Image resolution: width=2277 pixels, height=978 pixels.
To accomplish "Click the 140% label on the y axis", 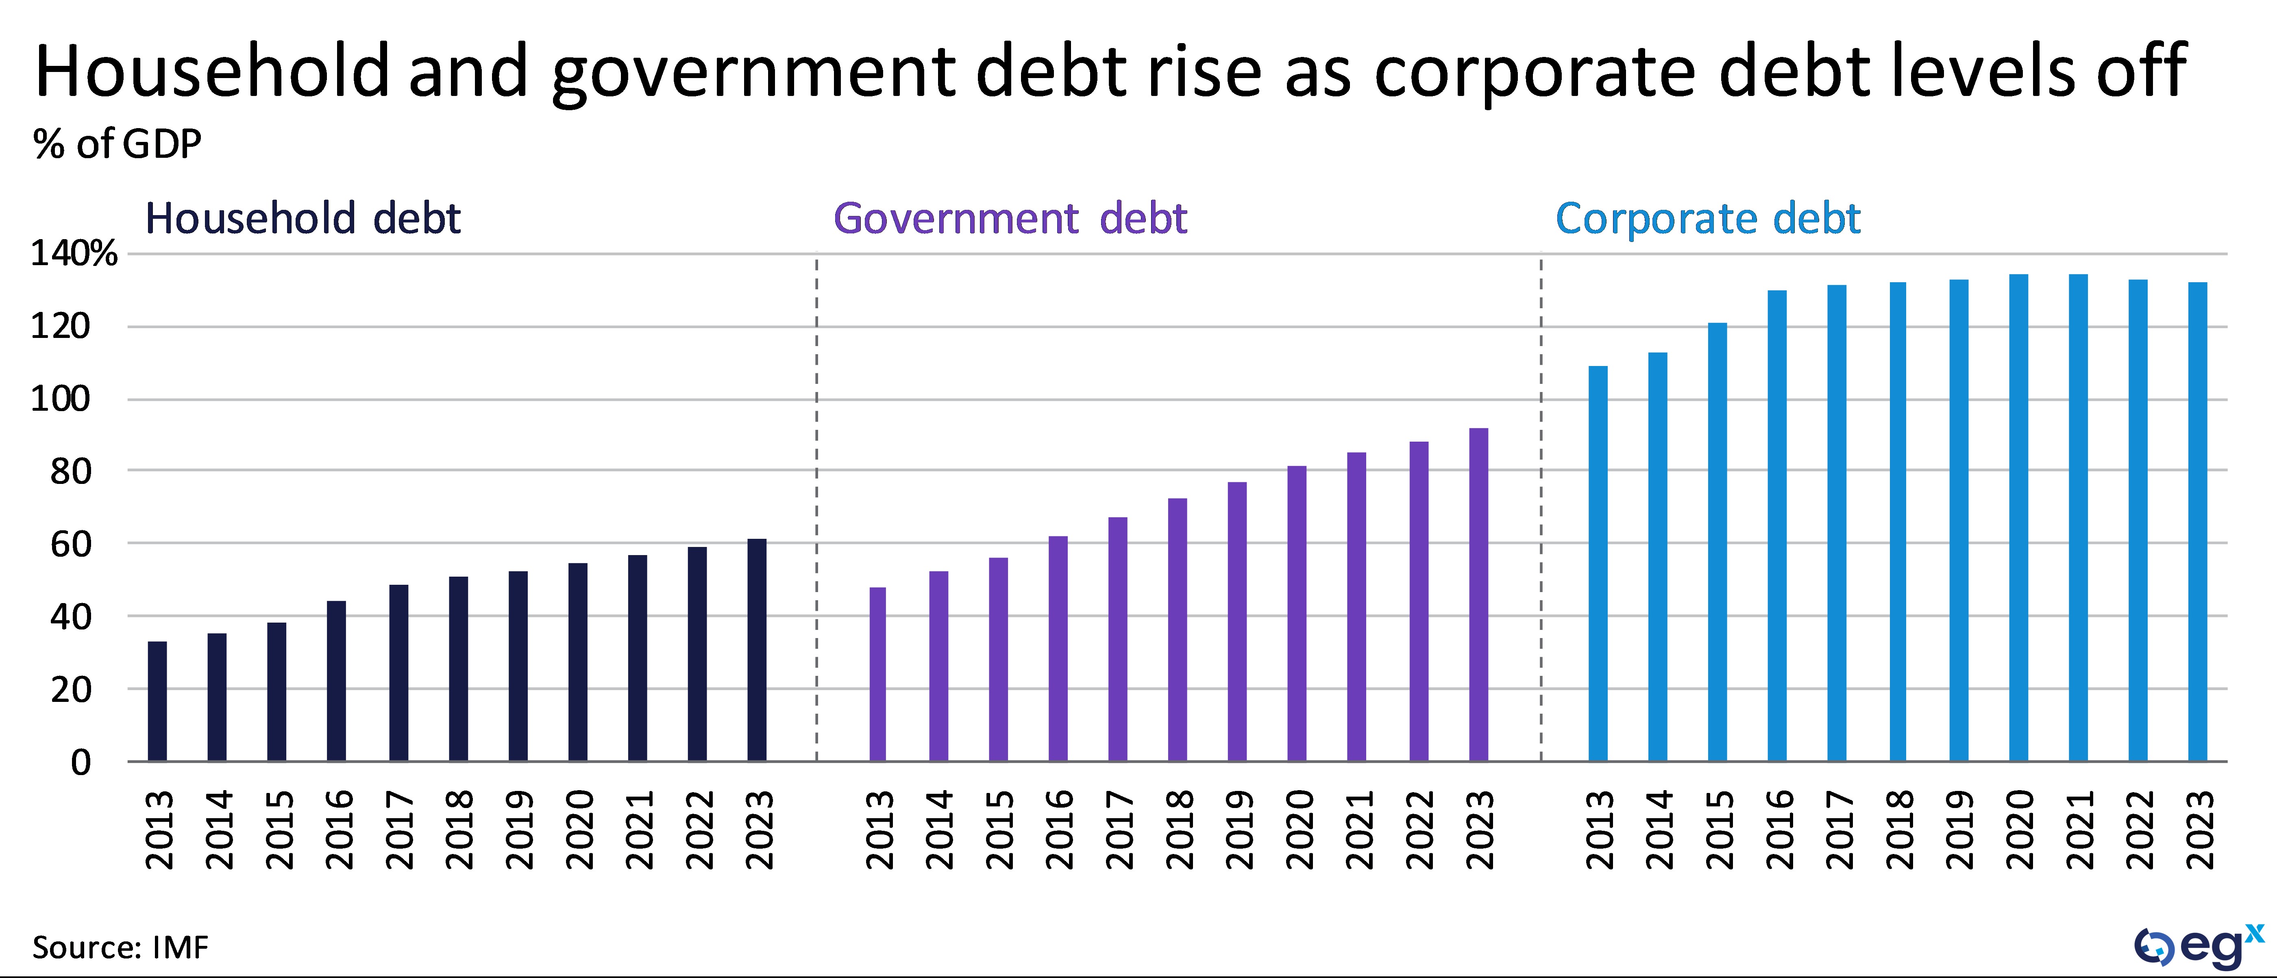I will click(74, 254).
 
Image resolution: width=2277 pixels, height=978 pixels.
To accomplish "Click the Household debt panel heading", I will click(302, 218).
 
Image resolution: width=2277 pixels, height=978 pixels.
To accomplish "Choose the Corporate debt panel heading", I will click(1708, 218).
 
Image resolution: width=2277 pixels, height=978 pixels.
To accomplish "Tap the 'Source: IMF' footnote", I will click(121, 947).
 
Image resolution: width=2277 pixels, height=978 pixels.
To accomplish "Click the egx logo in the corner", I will click(2197, 947).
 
